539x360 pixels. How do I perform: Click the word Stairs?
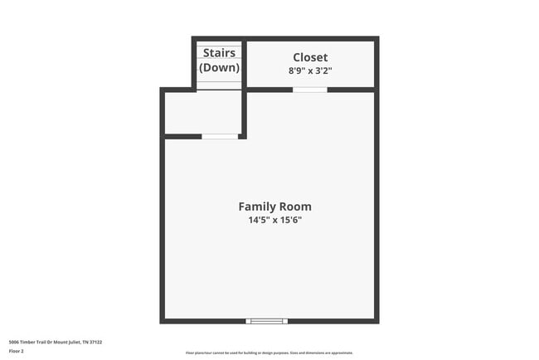(x=220, y=53)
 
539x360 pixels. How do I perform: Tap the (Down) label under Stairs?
(x=220, y=68)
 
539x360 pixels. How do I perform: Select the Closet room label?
(x=310, y=57)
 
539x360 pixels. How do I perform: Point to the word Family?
(x=256, y=207)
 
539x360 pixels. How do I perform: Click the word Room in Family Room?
(x=295, y=207)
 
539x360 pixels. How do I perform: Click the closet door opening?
(x=310, y=89)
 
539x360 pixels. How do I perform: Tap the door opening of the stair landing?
(x=220, y=136)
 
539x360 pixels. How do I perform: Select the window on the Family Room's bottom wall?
(x=267, y=321)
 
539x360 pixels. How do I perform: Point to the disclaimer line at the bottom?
(x=269, y=353)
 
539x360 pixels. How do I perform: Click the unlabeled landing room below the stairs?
(x=202, y=112)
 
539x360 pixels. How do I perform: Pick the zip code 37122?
(x=95, y=342)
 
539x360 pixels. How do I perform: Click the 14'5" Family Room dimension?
(x=258, y=221)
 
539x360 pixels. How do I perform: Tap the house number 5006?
(x=14, y=342)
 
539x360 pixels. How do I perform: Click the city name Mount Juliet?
(x=66, y=342)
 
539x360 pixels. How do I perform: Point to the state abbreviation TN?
(x=85, y=342)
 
